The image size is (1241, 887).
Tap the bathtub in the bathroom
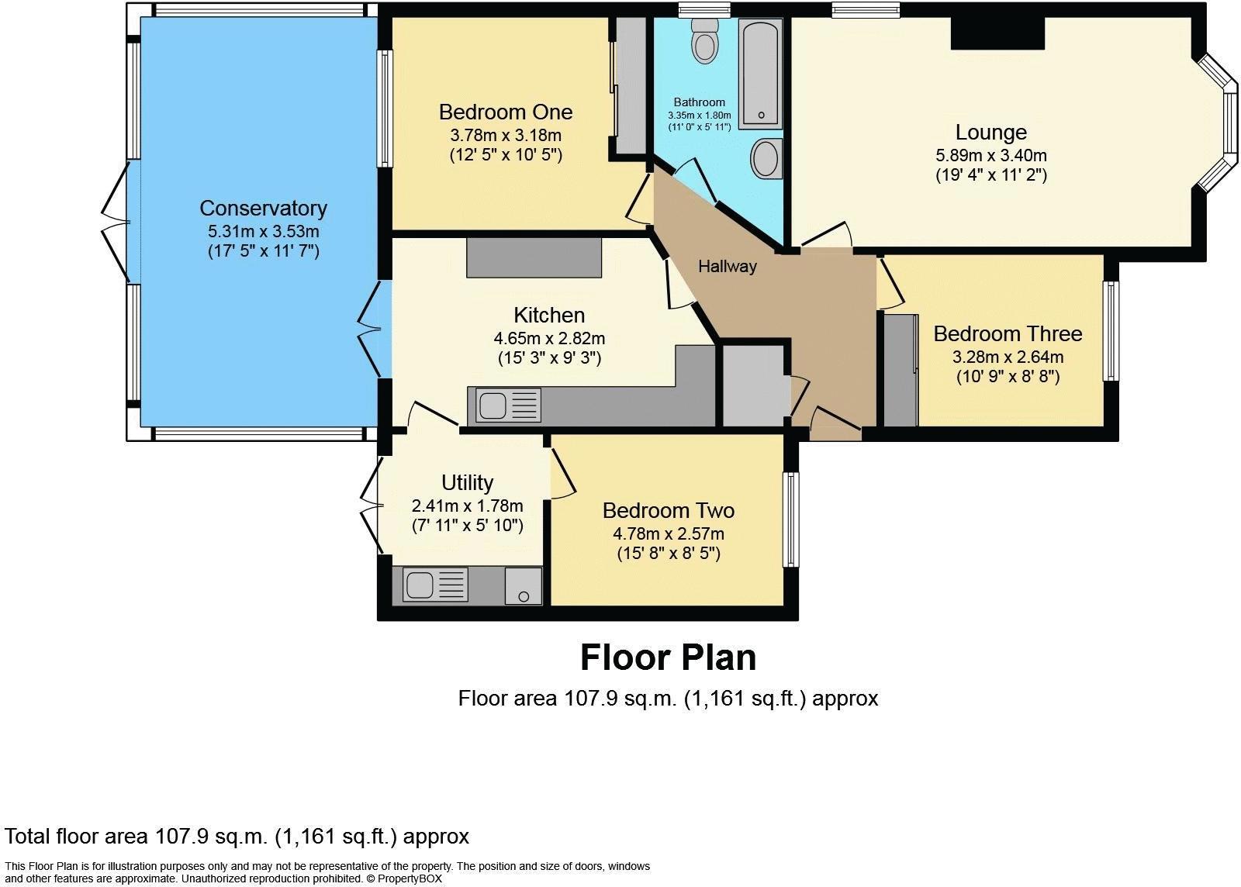760,74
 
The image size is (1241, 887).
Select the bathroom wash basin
766,159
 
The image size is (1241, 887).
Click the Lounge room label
990,133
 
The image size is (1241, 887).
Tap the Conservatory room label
263,208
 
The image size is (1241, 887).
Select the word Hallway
727,267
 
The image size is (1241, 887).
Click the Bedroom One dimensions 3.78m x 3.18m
506,135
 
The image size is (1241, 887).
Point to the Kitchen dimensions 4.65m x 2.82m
549,338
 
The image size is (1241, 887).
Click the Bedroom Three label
1007,334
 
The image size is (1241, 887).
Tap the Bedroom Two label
668,511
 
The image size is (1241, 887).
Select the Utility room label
467,483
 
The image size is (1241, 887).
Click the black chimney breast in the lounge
997,33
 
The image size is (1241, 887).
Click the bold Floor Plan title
668,657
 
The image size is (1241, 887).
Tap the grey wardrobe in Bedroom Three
900,370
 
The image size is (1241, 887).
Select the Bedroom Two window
790,519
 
